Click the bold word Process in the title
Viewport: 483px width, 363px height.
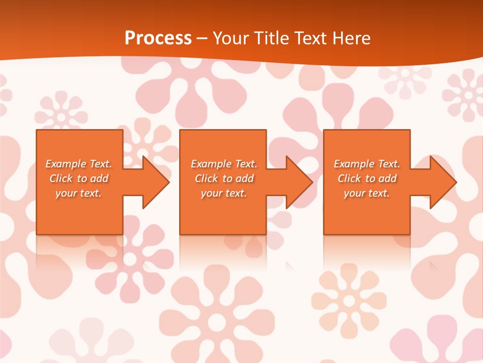158,38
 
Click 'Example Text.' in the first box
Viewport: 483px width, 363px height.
78,164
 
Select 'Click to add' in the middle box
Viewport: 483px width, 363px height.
224,178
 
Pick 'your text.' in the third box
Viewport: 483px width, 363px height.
367,193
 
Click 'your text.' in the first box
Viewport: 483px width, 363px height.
78,193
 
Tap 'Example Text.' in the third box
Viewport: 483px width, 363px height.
367,164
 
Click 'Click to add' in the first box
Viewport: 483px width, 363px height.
78,178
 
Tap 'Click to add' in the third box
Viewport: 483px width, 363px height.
367,178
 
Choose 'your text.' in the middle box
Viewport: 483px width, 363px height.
224,193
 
